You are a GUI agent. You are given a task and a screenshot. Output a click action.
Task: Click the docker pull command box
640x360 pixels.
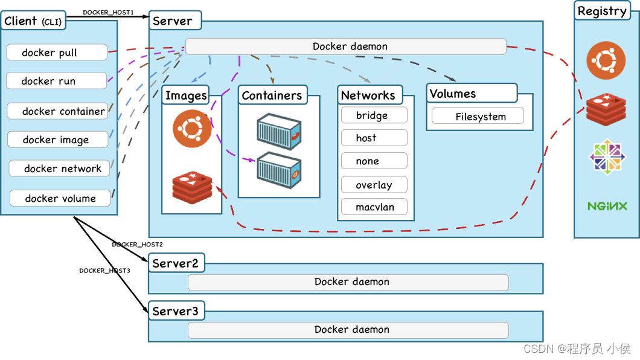click(x=57, y=52)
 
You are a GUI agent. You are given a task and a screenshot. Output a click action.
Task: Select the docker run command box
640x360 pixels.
click(x=57, y=81)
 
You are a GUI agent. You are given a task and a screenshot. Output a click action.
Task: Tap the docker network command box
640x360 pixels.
click(x=60, y=168)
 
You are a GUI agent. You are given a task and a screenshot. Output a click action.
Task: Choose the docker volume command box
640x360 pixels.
click(x=60, y=198)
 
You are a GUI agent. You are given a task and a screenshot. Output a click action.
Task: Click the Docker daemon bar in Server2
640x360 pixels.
click(x=348, y=282)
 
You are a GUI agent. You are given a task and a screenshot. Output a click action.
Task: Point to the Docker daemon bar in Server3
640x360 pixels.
click(x=348, y=330)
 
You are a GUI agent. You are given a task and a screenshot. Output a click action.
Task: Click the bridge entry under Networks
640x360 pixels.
click(x=374, y=115)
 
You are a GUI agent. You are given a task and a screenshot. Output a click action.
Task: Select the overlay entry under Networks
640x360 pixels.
click(x=374, y=184)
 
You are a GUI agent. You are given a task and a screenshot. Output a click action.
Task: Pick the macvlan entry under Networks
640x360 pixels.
click(x=374, y=207)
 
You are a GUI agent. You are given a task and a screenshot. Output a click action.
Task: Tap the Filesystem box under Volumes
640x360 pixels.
click(x=478, y=116)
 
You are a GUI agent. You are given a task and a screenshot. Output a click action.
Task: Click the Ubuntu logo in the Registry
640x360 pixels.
click(x=606, y=60)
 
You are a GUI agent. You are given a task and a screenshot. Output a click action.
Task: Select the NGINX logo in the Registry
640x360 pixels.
click(x=607, y=206)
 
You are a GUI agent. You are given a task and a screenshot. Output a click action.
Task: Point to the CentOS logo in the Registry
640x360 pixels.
click(x=607, y=156)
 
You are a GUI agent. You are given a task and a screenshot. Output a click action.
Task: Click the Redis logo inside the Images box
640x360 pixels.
click(x=192, y=187)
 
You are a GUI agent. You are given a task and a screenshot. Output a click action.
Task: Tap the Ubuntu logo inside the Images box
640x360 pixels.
click(x=192, y=129)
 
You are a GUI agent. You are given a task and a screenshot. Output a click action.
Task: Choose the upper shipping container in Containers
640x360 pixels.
click(x=279, y=132)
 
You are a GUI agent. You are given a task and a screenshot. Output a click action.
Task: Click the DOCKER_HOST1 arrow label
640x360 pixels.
click(x=108, y=12)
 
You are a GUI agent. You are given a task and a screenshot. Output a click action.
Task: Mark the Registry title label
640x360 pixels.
click(x=602, y=11)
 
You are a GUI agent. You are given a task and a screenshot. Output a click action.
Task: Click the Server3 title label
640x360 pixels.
click(x=176, y=311)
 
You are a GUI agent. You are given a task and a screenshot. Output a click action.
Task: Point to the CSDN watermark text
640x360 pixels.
click(x=577, y=349)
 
